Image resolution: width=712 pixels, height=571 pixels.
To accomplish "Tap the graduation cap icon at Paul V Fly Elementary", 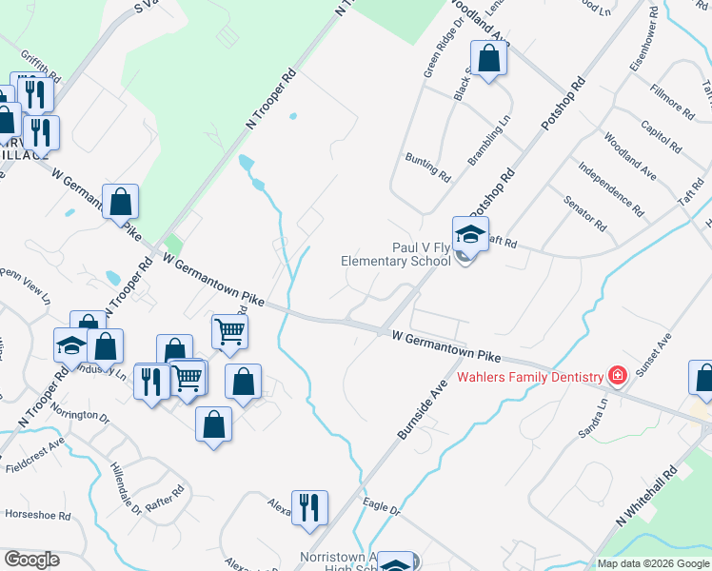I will pos(469,234).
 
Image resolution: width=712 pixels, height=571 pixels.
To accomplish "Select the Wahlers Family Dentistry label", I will pos(530,377).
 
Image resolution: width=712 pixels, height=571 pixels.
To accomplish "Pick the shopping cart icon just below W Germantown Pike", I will pos(229,333).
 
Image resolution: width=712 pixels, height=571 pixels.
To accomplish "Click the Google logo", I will pos(31,560).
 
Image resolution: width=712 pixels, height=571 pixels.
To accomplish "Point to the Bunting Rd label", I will pos(426,167).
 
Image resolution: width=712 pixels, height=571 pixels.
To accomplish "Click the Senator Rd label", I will pos(584,213).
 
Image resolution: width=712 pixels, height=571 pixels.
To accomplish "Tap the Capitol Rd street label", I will pos(661,137).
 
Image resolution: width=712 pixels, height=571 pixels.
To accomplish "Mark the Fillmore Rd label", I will pos(671,101).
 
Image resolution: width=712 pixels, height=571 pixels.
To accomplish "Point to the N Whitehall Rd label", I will pos(646,498).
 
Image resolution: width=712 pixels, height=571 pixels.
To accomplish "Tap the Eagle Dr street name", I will pos(382,511).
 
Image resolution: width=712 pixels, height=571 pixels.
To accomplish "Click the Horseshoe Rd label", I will pos(38,516).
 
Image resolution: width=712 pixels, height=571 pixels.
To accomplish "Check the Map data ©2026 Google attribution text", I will pos(653,563).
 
